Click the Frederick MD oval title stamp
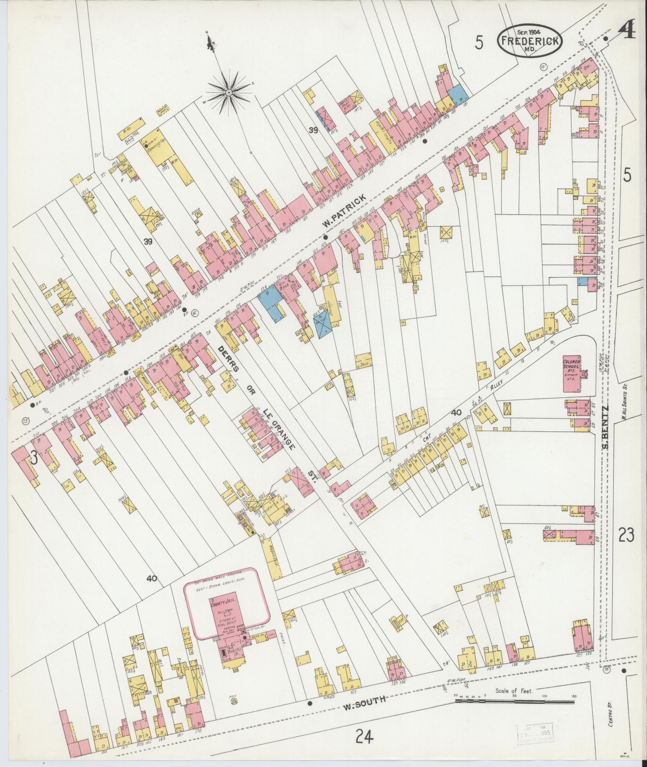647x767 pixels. [530, 41]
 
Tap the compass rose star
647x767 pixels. [229, 93]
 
